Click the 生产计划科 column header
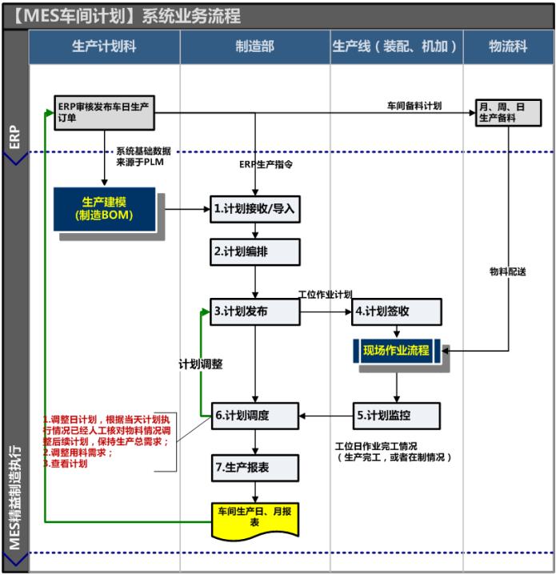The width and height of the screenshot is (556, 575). pyautogui.click(x=104, y=47)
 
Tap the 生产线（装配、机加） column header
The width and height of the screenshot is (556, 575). pyautogui.click(x=395, y=47)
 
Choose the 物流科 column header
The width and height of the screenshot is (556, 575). pyautogui.click(x=507, y=47)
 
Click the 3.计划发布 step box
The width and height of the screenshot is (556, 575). pyautogui.click(x=254, y=312)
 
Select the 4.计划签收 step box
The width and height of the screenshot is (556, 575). pyautogui.click(x=397, y=311)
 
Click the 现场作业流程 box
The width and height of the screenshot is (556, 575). pyautogui.click(x=397, y=350)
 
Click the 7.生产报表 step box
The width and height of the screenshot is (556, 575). pyautogui.click(x=254, y=467)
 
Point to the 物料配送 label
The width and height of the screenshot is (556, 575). pyautogui.click(x=507, y=271)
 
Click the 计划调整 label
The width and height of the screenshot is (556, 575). pyautogui.click(x=200, y=363)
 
